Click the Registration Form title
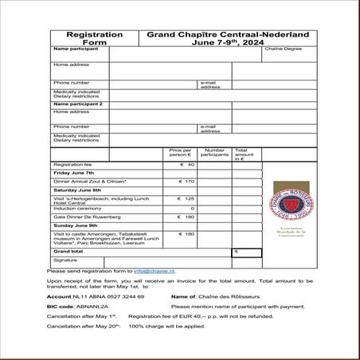click(94, 39)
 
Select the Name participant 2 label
click(78, 104)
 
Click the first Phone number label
click(71, 82)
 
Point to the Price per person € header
click(181, 153)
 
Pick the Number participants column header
click(214, 153)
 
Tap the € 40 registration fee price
click(187, 164)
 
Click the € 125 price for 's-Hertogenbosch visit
click(187, 199)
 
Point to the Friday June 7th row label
click(73, 173)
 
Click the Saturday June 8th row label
click(76, 190)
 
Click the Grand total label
click(69, 252)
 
